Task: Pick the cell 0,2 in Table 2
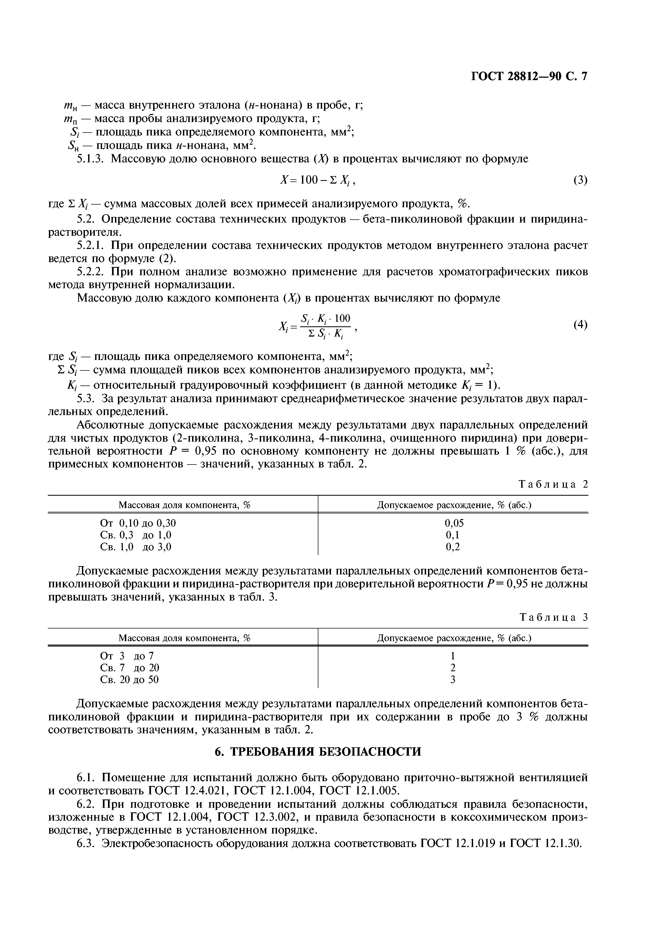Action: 453,547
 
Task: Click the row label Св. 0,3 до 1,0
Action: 136,535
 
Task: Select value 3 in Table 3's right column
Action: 453,680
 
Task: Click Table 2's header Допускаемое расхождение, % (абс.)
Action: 454,505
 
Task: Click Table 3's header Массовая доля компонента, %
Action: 184,638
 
